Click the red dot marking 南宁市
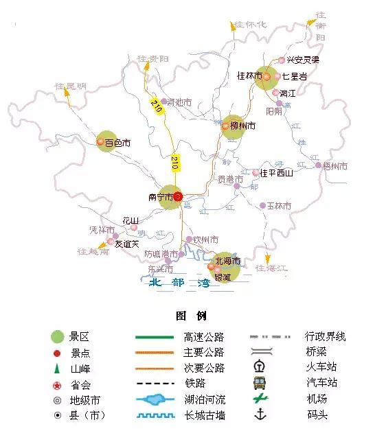point(177,196)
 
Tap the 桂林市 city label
point(249,75)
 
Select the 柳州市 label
point(242,126)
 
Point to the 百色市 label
point(117,143)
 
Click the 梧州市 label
point(335,166)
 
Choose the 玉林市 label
point(279,205)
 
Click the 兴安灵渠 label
point(304,60)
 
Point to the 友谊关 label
point(127,243)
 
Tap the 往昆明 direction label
point(71,86)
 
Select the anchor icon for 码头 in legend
point(259,414)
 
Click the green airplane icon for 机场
point(259,398)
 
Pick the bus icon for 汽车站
point(259,382)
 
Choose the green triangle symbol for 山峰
point(58,369)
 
